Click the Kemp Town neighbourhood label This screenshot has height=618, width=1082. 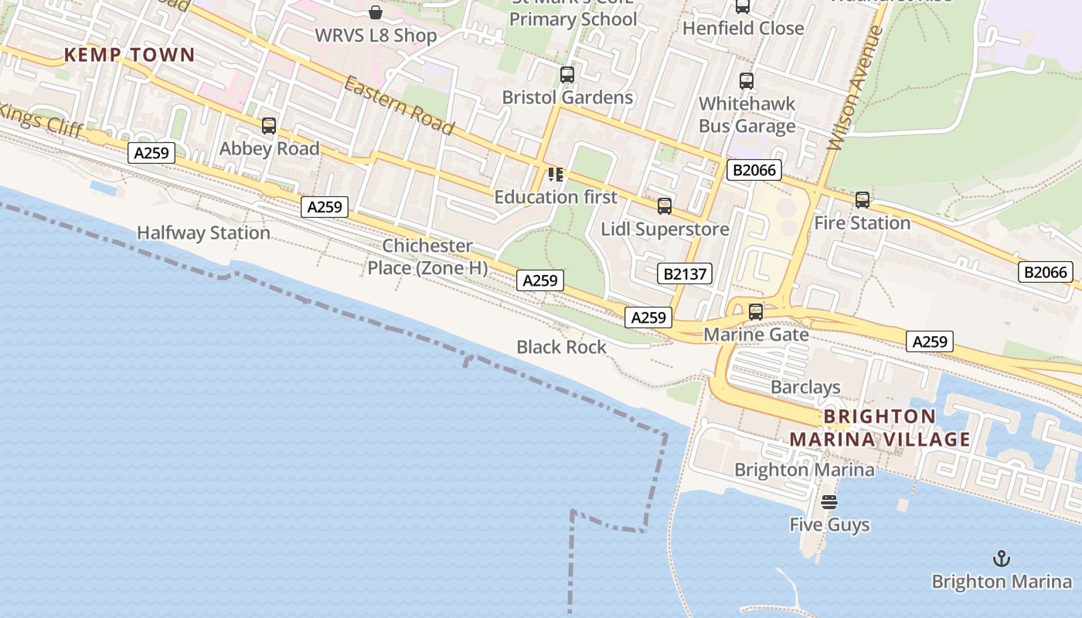pos(129,55)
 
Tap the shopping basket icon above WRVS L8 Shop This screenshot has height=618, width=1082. pos(376,12)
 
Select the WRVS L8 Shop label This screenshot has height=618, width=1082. pos(376,36)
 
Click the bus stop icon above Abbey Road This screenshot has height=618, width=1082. pos(269,125)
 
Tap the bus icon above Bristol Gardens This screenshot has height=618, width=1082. pos(567,75)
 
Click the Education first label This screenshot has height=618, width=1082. pos(556,197)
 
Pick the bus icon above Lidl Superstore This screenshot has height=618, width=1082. pos(665,206)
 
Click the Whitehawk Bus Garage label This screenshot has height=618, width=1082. pos(747,114)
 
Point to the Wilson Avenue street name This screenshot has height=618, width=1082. pos(854,88)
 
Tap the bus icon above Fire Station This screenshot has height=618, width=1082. pos(863,200)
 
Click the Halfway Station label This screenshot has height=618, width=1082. pos(203,233)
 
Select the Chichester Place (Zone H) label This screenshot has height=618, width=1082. pos(427,256)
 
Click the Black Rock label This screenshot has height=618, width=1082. pos(562,348)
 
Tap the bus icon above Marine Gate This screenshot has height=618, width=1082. pos(756,312)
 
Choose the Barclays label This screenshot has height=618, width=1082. pos(805,387)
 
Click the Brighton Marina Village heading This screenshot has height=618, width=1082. pos(880,428)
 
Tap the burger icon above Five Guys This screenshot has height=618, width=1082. pos(829,502)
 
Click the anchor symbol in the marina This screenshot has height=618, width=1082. pos(1002,558)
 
